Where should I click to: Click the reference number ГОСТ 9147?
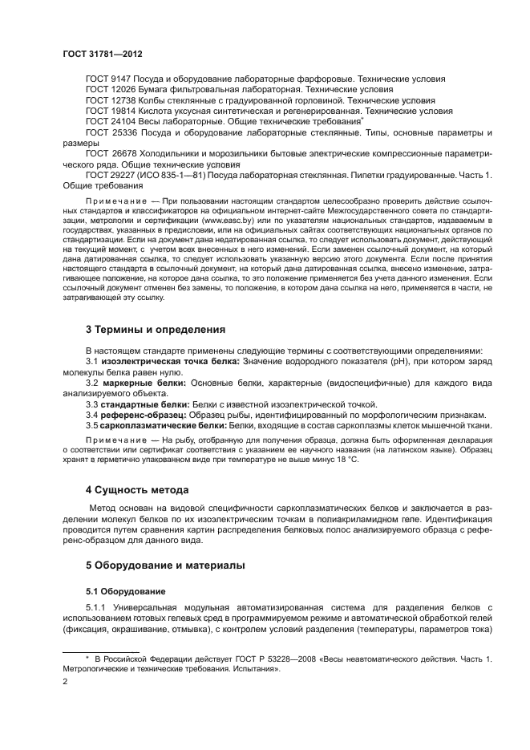(107, 79)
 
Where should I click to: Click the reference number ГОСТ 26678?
(111, 152)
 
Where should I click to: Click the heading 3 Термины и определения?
(156, 329)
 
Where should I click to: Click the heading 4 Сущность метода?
(136, 489)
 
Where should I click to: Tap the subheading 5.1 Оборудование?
(119, 590)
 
